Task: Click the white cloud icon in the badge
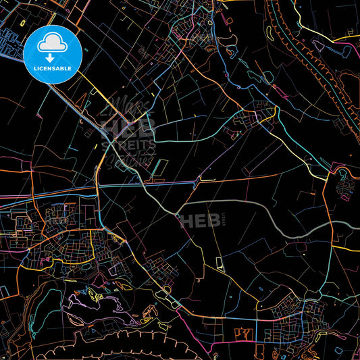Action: click(52, 43)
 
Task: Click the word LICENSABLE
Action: click(52, 68)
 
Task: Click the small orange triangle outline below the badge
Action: click(93, 94)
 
